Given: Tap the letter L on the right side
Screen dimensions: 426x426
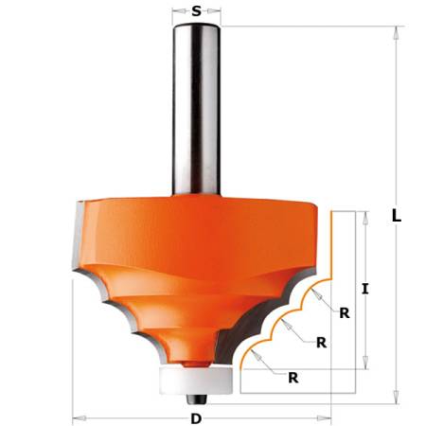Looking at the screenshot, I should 397,215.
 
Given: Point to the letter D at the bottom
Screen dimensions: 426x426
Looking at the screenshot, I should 196,417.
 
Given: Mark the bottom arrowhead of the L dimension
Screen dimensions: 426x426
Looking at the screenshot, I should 392,387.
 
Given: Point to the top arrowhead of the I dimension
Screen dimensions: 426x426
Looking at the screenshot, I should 364,216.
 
